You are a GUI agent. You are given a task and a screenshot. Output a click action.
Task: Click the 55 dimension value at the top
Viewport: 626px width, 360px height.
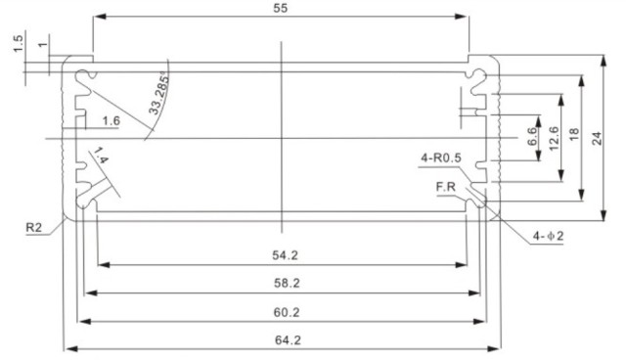282,8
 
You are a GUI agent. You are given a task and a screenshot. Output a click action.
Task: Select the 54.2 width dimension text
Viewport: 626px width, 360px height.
285,255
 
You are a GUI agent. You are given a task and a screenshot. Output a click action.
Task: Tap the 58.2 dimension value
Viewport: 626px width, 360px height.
285,283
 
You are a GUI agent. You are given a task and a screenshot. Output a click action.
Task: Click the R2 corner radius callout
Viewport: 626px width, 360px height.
33,229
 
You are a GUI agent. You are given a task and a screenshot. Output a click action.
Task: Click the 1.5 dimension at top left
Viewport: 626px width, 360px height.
19,45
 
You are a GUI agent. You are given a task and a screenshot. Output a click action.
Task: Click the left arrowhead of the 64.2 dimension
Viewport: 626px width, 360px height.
68,348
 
